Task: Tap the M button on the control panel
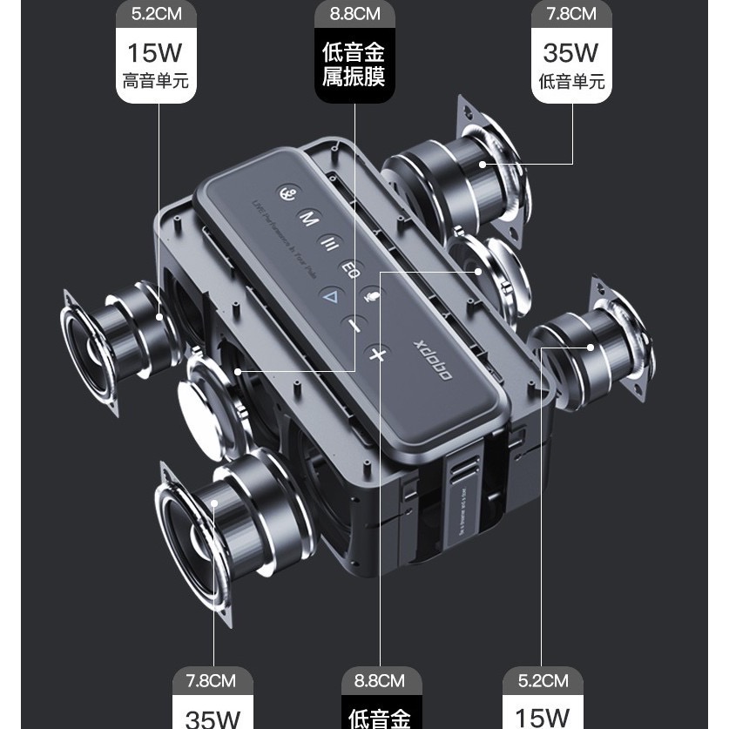click(308, 219)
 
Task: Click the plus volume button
click(376, 354)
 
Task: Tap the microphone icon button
click(372, 295)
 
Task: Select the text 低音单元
click(571, 83)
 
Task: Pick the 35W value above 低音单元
click(571, 52)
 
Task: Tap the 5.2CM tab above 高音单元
click(157, 14)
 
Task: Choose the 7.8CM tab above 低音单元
click(571, 14)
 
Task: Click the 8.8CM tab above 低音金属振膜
click(354, 14)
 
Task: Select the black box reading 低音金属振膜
click(354, 65)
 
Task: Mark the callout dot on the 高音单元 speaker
click(158, 317)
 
